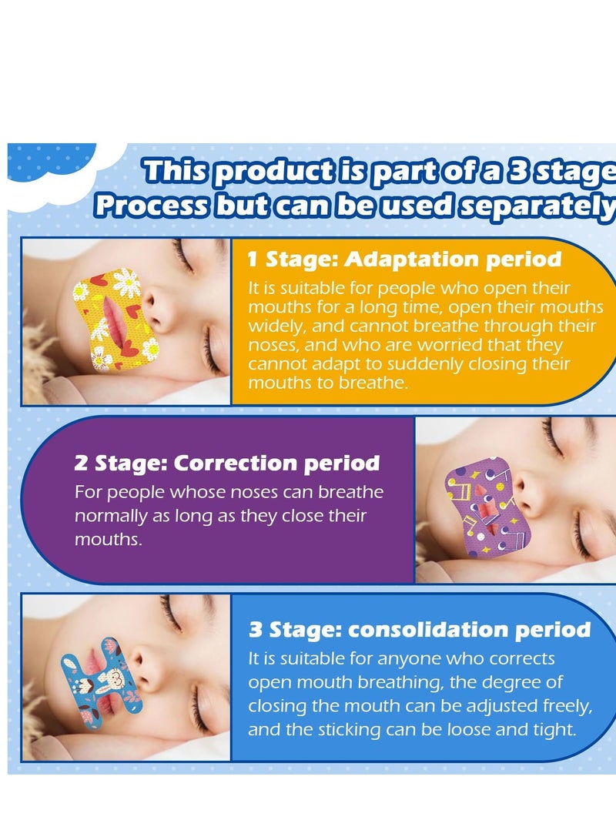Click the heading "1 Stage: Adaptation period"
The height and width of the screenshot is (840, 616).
click(404, 259)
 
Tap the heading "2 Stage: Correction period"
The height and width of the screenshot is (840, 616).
click(227, 464)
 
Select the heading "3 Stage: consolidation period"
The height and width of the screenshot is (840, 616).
click(420, 630)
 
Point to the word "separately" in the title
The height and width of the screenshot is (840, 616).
click(538, 206)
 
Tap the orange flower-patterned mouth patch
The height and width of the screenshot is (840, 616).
click(116, 321)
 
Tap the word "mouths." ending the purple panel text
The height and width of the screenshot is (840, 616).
click(109, 540)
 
